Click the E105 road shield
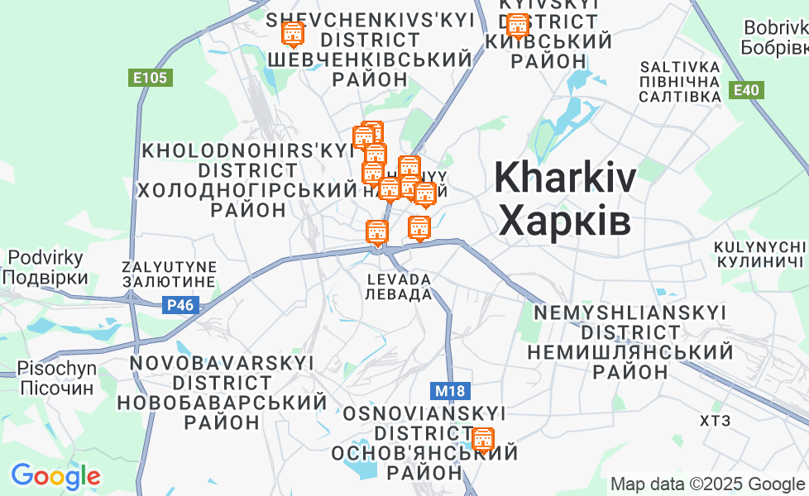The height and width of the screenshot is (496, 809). pos(151,79)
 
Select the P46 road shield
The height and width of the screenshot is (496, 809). pos(180,305)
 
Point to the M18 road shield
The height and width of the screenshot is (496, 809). pos(448,389)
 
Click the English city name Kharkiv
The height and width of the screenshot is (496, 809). pos(566,178)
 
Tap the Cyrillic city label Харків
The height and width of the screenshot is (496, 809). pos(566,221)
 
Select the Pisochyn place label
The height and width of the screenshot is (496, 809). pos(57,368)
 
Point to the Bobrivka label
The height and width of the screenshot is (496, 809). pos(774,27)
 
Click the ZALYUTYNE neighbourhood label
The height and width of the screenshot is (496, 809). pos(169,267)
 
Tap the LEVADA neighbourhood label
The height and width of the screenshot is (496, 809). pos(400,279)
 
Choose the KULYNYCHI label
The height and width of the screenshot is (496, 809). pos(760,247)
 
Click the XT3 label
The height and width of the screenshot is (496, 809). pos(716,421)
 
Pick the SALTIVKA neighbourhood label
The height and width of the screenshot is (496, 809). pos(680,66)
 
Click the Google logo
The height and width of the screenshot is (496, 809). pos(55,476)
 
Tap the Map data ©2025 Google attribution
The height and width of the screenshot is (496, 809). pos(708,484)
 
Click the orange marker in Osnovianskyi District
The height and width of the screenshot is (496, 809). pos(482,439)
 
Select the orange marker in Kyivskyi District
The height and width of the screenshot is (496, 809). pos(517,26)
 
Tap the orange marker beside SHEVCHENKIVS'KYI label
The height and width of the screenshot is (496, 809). pos(292,35)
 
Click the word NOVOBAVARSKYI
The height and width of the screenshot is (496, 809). pos(222,363)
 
